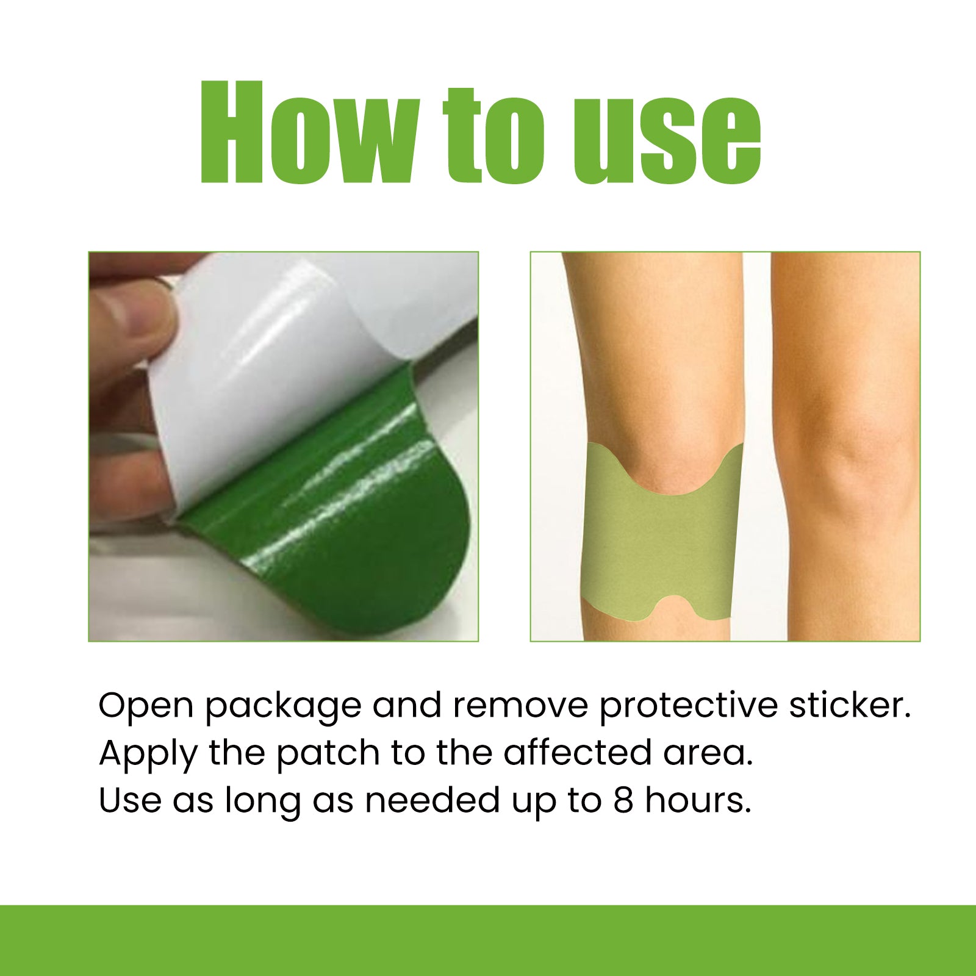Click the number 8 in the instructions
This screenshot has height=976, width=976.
(x=623, y=800)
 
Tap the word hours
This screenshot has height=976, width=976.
(x=698, y=800)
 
